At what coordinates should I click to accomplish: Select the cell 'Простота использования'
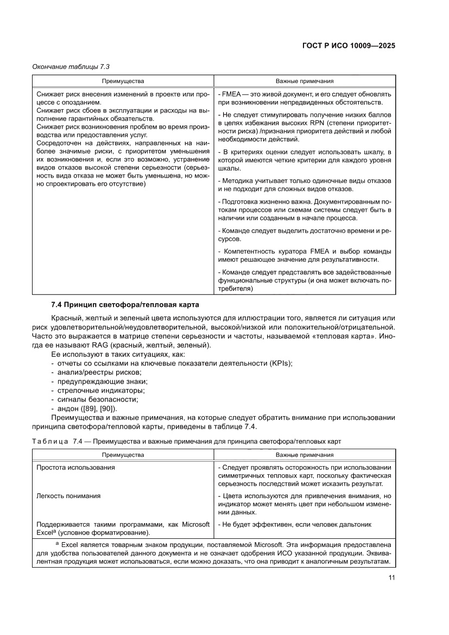(75, 467)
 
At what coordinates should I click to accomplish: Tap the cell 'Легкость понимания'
(68, 496)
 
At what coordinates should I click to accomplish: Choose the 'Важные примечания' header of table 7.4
(305, 455)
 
